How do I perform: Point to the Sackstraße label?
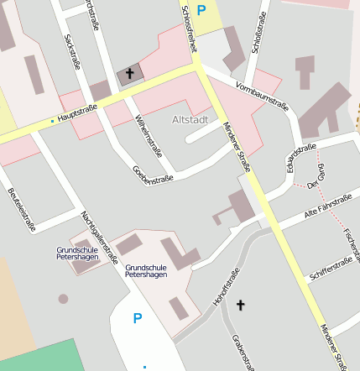click(70, 51)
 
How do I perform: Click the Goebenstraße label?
click(153, 174)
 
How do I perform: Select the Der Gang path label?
click(315, 177)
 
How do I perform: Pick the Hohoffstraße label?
click(227, 286)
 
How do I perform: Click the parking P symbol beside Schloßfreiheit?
click(201, 10)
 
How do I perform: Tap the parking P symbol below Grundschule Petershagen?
click(137, 319)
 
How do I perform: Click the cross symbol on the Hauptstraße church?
click(130, 75)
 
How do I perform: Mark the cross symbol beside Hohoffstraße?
click(241, 306)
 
